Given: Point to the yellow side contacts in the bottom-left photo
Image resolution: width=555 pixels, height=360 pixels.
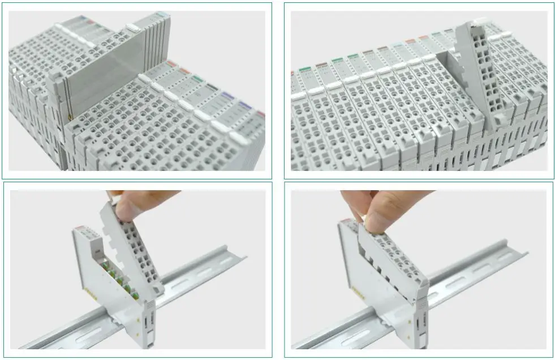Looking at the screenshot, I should click(x=91, y=289).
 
